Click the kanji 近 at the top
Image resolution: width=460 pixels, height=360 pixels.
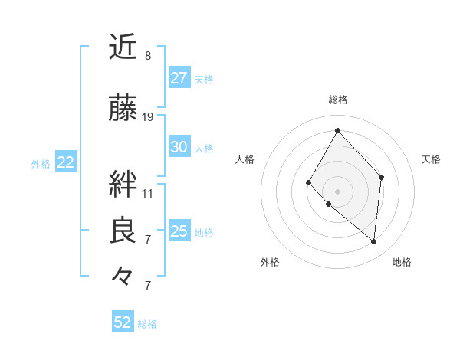coord(123,47)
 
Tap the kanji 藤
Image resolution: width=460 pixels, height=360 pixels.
coord(123,109)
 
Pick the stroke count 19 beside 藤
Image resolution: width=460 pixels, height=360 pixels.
coord(148,117)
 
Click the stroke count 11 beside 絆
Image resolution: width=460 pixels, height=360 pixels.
coord(148,193)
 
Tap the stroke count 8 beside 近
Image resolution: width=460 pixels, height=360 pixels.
coord(148,56)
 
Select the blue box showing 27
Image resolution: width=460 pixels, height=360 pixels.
coord(179,78)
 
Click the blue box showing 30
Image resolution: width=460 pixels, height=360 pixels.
coord(179,147)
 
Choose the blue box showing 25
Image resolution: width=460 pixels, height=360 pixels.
coord(179,231)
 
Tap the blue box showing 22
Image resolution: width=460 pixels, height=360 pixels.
coord(66,162)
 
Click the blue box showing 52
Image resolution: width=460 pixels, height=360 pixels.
coord(123,322)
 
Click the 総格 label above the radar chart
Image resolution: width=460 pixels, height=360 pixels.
coord(338,100)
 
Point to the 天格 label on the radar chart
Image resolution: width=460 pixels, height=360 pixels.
coord(432,159)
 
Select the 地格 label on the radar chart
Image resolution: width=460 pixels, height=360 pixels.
coord(402,262)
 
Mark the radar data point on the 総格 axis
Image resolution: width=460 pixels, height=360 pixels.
coord(337,130)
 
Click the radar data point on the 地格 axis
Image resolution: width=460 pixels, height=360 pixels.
coord(373,241)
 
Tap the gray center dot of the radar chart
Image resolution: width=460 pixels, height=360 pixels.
coord(337,191)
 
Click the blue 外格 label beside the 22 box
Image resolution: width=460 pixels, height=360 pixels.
coord(41,163)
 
